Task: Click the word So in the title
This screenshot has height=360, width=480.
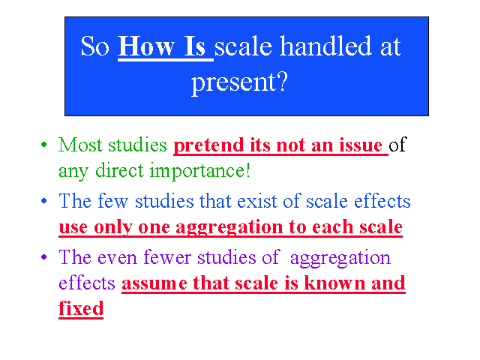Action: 95,46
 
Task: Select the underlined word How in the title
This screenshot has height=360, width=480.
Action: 146,46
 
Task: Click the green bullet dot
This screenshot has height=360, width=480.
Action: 44,145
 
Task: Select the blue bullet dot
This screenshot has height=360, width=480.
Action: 44,201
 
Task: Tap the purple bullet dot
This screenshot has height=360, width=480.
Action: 44,256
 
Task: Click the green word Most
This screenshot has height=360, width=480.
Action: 80,145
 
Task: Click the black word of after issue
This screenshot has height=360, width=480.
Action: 397,144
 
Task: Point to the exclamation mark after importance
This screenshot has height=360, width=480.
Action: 248,170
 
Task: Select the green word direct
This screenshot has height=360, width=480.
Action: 119,170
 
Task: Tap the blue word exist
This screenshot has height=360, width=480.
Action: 256,201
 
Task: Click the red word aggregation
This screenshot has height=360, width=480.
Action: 229,228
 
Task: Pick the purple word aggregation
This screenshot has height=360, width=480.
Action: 340,258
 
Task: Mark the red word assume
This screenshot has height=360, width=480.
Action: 154,283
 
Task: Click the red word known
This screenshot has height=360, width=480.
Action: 334,283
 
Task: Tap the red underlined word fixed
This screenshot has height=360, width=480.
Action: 81,308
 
